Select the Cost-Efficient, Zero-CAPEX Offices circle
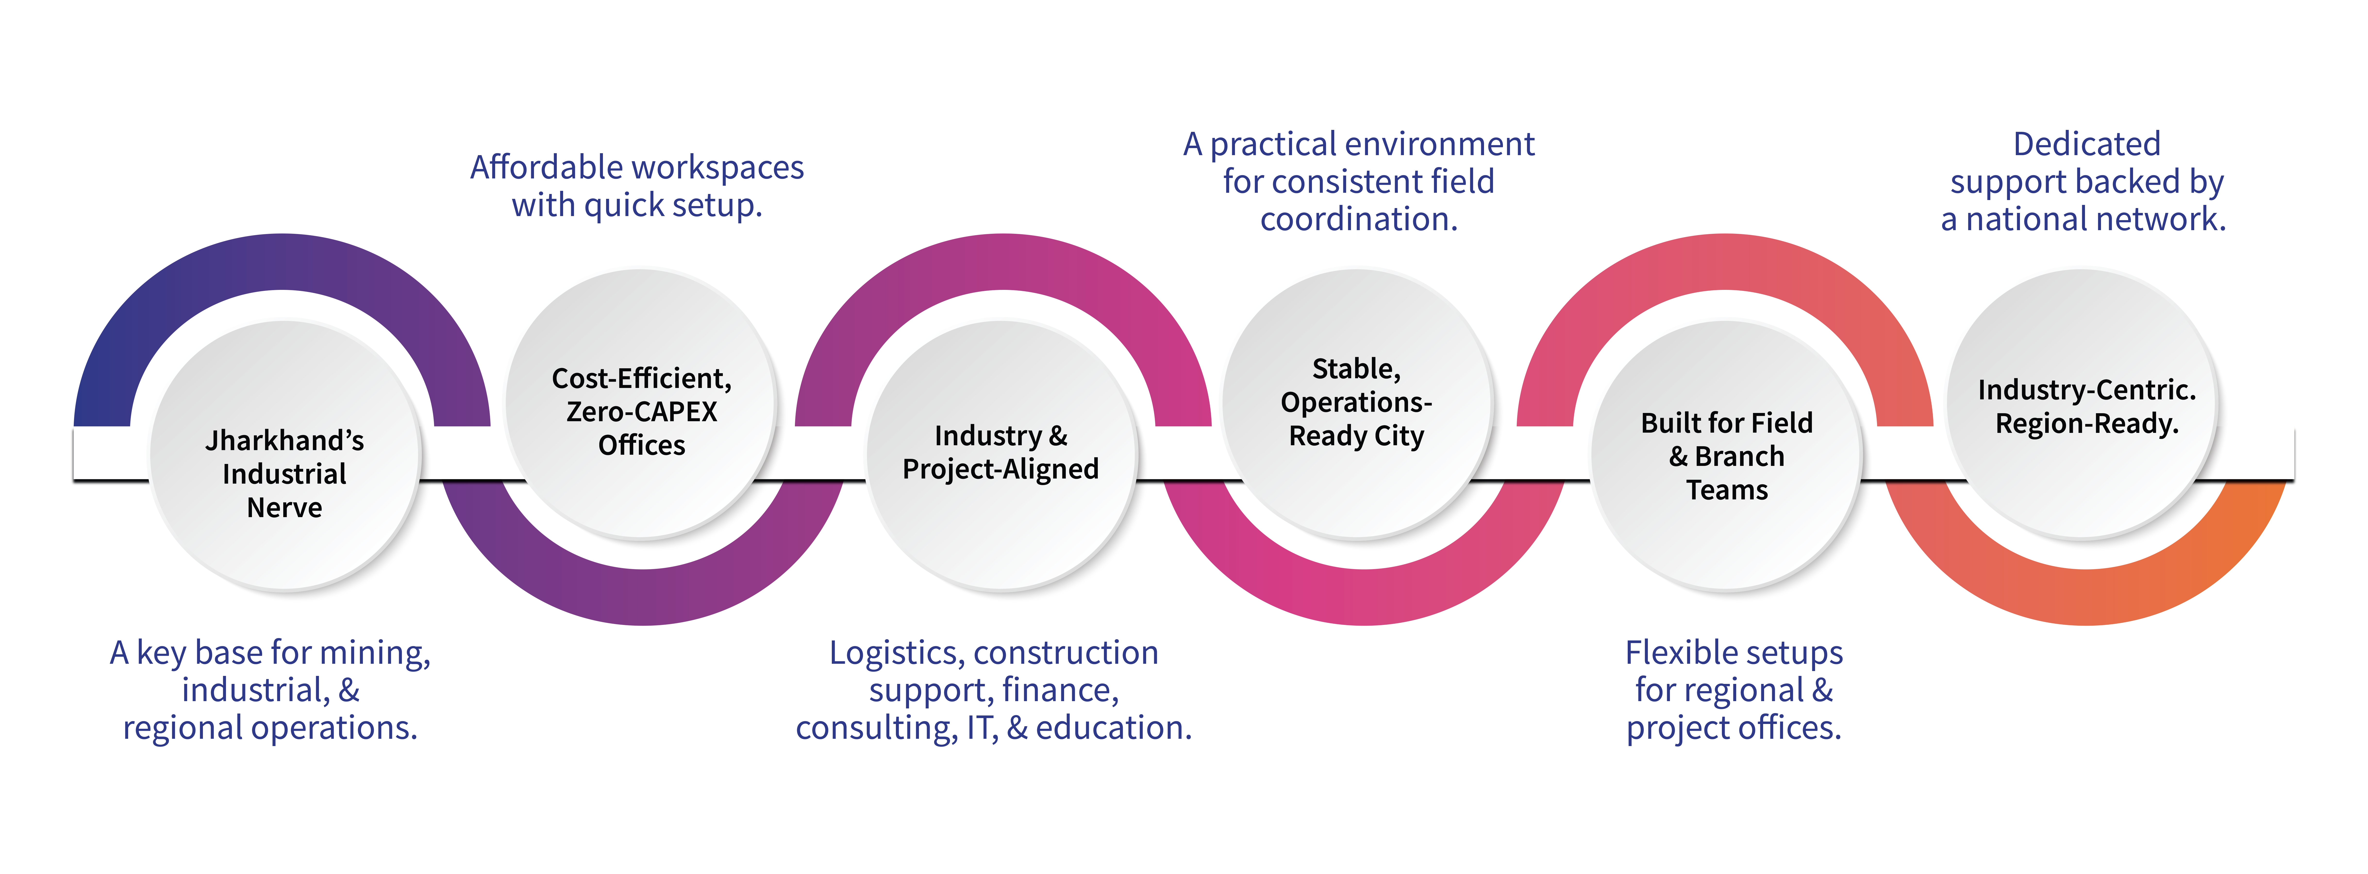coord(642,496)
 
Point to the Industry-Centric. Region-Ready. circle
coord(2085,478)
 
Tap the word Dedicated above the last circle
coord(2087,144)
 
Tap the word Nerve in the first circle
coord(285,507)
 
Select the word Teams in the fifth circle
coord(1726,490)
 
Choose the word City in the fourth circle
coord(1398,436)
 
